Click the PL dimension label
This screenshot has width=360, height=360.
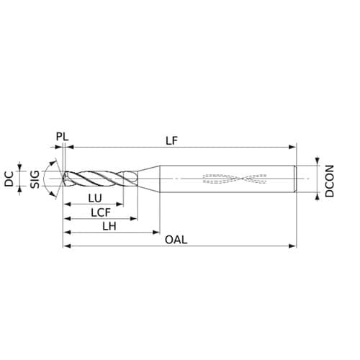point(62,137)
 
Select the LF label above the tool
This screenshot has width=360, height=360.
point(171,140)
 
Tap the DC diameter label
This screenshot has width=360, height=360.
point(9,179)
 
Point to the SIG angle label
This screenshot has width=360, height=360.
point(35,179)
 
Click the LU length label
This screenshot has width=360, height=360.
point(95,198)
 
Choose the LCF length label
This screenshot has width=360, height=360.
point(101,212)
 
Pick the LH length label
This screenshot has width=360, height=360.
point(109,226)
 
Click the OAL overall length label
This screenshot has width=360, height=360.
point(176,240)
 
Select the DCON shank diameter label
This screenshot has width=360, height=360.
point(330,181)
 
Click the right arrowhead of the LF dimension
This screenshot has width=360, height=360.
point(292,147)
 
